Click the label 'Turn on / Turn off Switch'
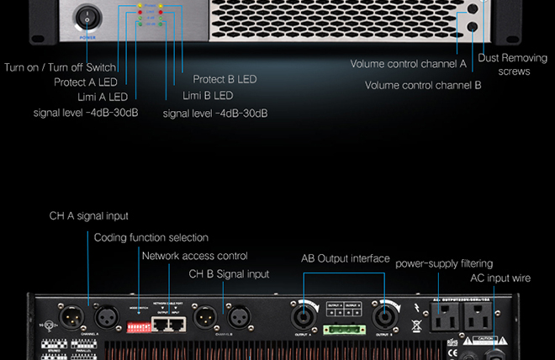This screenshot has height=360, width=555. tap(61, 67)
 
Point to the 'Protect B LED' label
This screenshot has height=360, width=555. tap(225, 79)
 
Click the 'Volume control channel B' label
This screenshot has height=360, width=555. tap(423, 85)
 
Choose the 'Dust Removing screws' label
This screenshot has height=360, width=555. tap(513, 65)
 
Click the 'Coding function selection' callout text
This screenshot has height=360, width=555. tap(151, 237)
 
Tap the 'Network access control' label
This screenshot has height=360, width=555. tap(195, 256)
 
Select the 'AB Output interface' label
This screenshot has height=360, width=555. tap(346, 258)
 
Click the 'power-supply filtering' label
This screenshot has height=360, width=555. tap(444, 263)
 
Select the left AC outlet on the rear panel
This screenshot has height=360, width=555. tap(446, 318)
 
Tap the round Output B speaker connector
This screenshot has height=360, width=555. tap(386, 318)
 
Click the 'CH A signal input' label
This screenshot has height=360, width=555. tap(88, 216)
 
